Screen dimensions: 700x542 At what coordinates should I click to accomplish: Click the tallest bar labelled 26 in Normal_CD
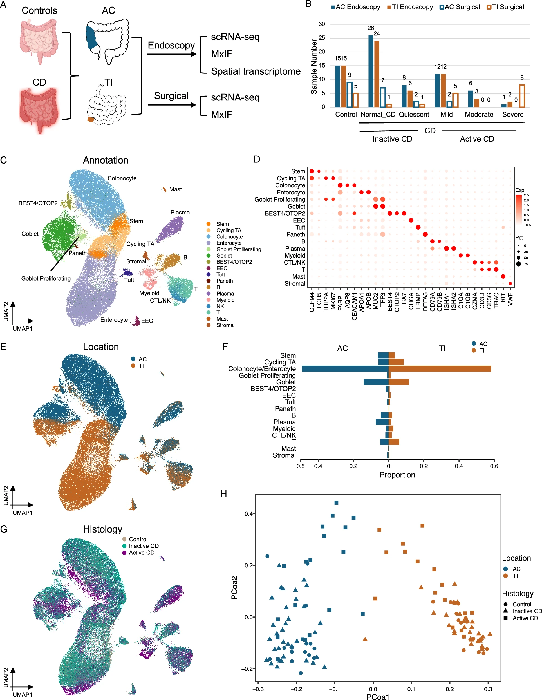(371, 71)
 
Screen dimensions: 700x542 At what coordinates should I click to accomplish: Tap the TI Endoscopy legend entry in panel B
(410, 7)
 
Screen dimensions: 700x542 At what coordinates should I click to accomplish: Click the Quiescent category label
(414, 115)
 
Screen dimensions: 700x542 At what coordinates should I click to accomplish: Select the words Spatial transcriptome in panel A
(256, 71)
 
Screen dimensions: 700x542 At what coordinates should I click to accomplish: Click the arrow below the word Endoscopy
(172, 54)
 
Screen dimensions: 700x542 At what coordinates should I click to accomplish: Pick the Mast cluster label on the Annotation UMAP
(175, 189)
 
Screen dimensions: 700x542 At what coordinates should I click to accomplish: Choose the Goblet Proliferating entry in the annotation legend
(238, 249)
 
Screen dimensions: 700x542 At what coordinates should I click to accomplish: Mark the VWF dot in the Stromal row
(510, 283)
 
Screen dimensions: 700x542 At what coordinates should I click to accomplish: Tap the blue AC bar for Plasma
(382, 422)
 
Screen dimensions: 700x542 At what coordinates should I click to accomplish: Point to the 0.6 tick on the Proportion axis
(494, 466)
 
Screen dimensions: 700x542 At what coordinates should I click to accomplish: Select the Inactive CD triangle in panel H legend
(505, 611)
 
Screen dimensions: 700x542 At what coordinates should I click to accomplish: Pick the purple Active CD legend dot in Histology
(124, 553)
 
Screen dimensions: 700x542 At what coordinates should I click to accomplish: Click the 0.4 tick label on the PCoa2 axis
(248, 514)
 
